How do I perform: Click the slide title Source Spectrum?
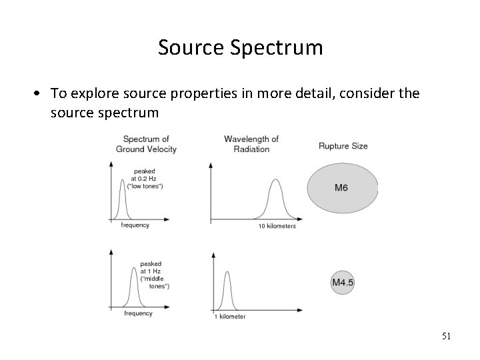pyautogui.click(x=240, y=48)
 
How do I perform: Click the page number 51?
pyautogui.click(x=446, y=337)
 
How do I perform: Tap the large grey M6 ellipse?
pyautogui.click(x=342, y=187)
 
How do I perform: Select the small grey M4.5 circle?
pyautogui.click(x=343, y=282)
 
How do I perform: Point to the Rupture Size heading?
pyautogui.click(x=343, y=146)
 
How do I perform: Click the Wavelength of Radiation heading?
pyautogui.click(x=251, y=143)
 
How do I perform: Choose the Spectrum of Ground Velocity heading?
pyautogui.click(x=146, y=144)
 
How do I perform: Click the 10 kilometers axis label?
pyautogui.click(x=277, y=227)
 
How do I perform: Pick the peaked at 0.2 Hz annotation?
pyautogui.click(x=145, y=179)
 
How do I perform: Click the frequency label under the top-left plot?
pyautogui.click(x=135, y=225)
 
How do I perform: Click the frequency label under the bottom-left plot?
pyautogui.click(x=139, y=313)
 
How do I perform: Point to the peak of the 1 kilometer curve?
pyautogui.click(x=227, y=272)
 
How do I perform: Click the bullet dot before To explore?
pyautogui.click(x=41, y=94)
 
